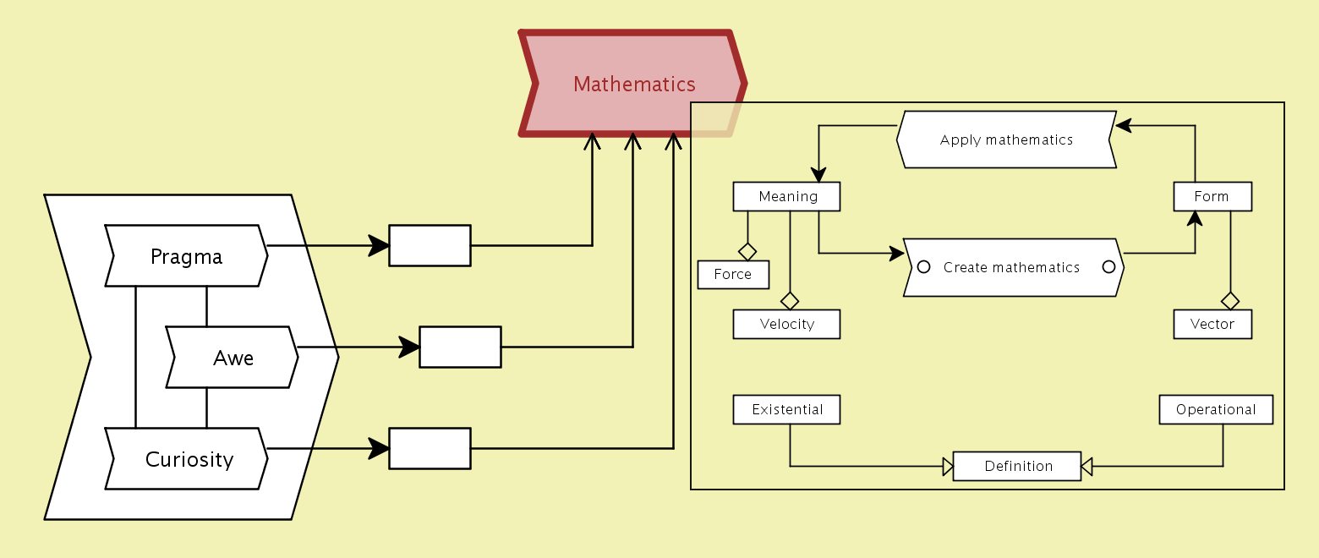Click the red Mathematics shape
pos(633,84)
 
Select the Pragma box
pos(186,256)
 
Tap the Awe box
pos(233,358)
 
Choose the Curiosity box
pos(189,459)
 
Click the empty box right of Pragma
pos(430,246)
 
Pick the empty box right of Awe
pos(460,347)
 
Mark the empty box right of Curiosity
pos(430,448)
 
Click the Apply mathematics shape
pos(1006,140)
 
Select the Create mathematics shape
pos(1012,267)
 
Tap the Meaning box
pos(787,197)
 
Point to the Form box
pos(1212,197)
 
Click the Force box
pos(733,274)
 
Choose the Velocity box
pos(787,324)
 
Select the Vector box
pos(1212,324)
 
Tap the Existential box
pos(787,409)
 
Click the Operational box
pos(1216,409)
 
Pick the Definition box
pos(1017,466)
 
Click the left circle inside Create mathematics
pos(924,267)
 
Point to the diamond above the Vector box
pos(1230,300)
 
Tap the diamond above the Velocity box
pos(790,300)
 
